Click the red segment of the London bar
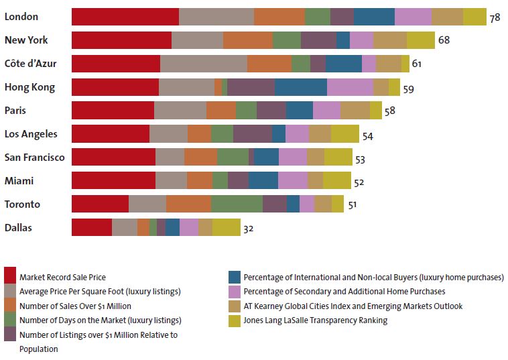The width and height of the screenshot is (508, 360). (x=125, y=17)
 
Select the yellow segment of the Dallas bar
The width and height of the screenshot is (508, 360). (x=226, y=228)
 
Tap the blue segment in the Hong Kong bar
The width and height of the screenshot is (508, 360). (x=300, y=87)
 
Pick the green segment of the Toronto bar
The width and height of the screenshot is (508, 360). (x=237, y=204)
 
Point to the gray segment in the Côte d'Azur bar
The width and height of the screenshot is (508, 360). (x=204, y=64)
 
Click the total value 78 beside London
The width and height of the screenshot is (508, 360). (x=495, y=17)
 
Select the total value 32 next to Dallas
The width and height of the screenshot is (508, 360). (x=249, y=229)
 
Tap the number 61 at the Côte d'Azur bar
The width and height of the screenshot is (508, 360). (x=417, y=64)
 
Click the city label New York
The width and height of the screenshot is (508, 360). (x=26, y=40)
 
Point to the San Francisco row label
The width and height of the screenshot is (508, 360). (x=34, y=158)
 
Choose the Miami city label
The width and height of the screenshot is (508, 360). (x=19, y=181)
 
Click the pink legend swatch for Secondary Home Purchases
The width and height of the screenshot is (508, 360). (x=235, y=292)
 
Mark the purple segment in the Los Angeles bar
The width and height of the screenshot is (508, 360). (x=253, y=134)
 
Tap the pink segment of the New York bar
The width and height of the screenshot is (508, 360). (x=361, y=40)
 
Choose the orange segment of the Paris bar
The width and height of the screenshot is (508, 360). (x=221, y=111)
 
